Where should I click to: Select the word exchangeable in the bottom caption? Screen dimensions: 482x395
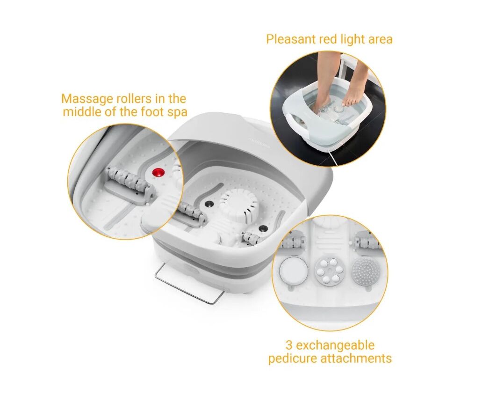[x=335, y=345]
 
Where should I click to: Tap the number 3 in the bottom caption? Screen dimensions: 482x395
[x=289, y=345]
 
